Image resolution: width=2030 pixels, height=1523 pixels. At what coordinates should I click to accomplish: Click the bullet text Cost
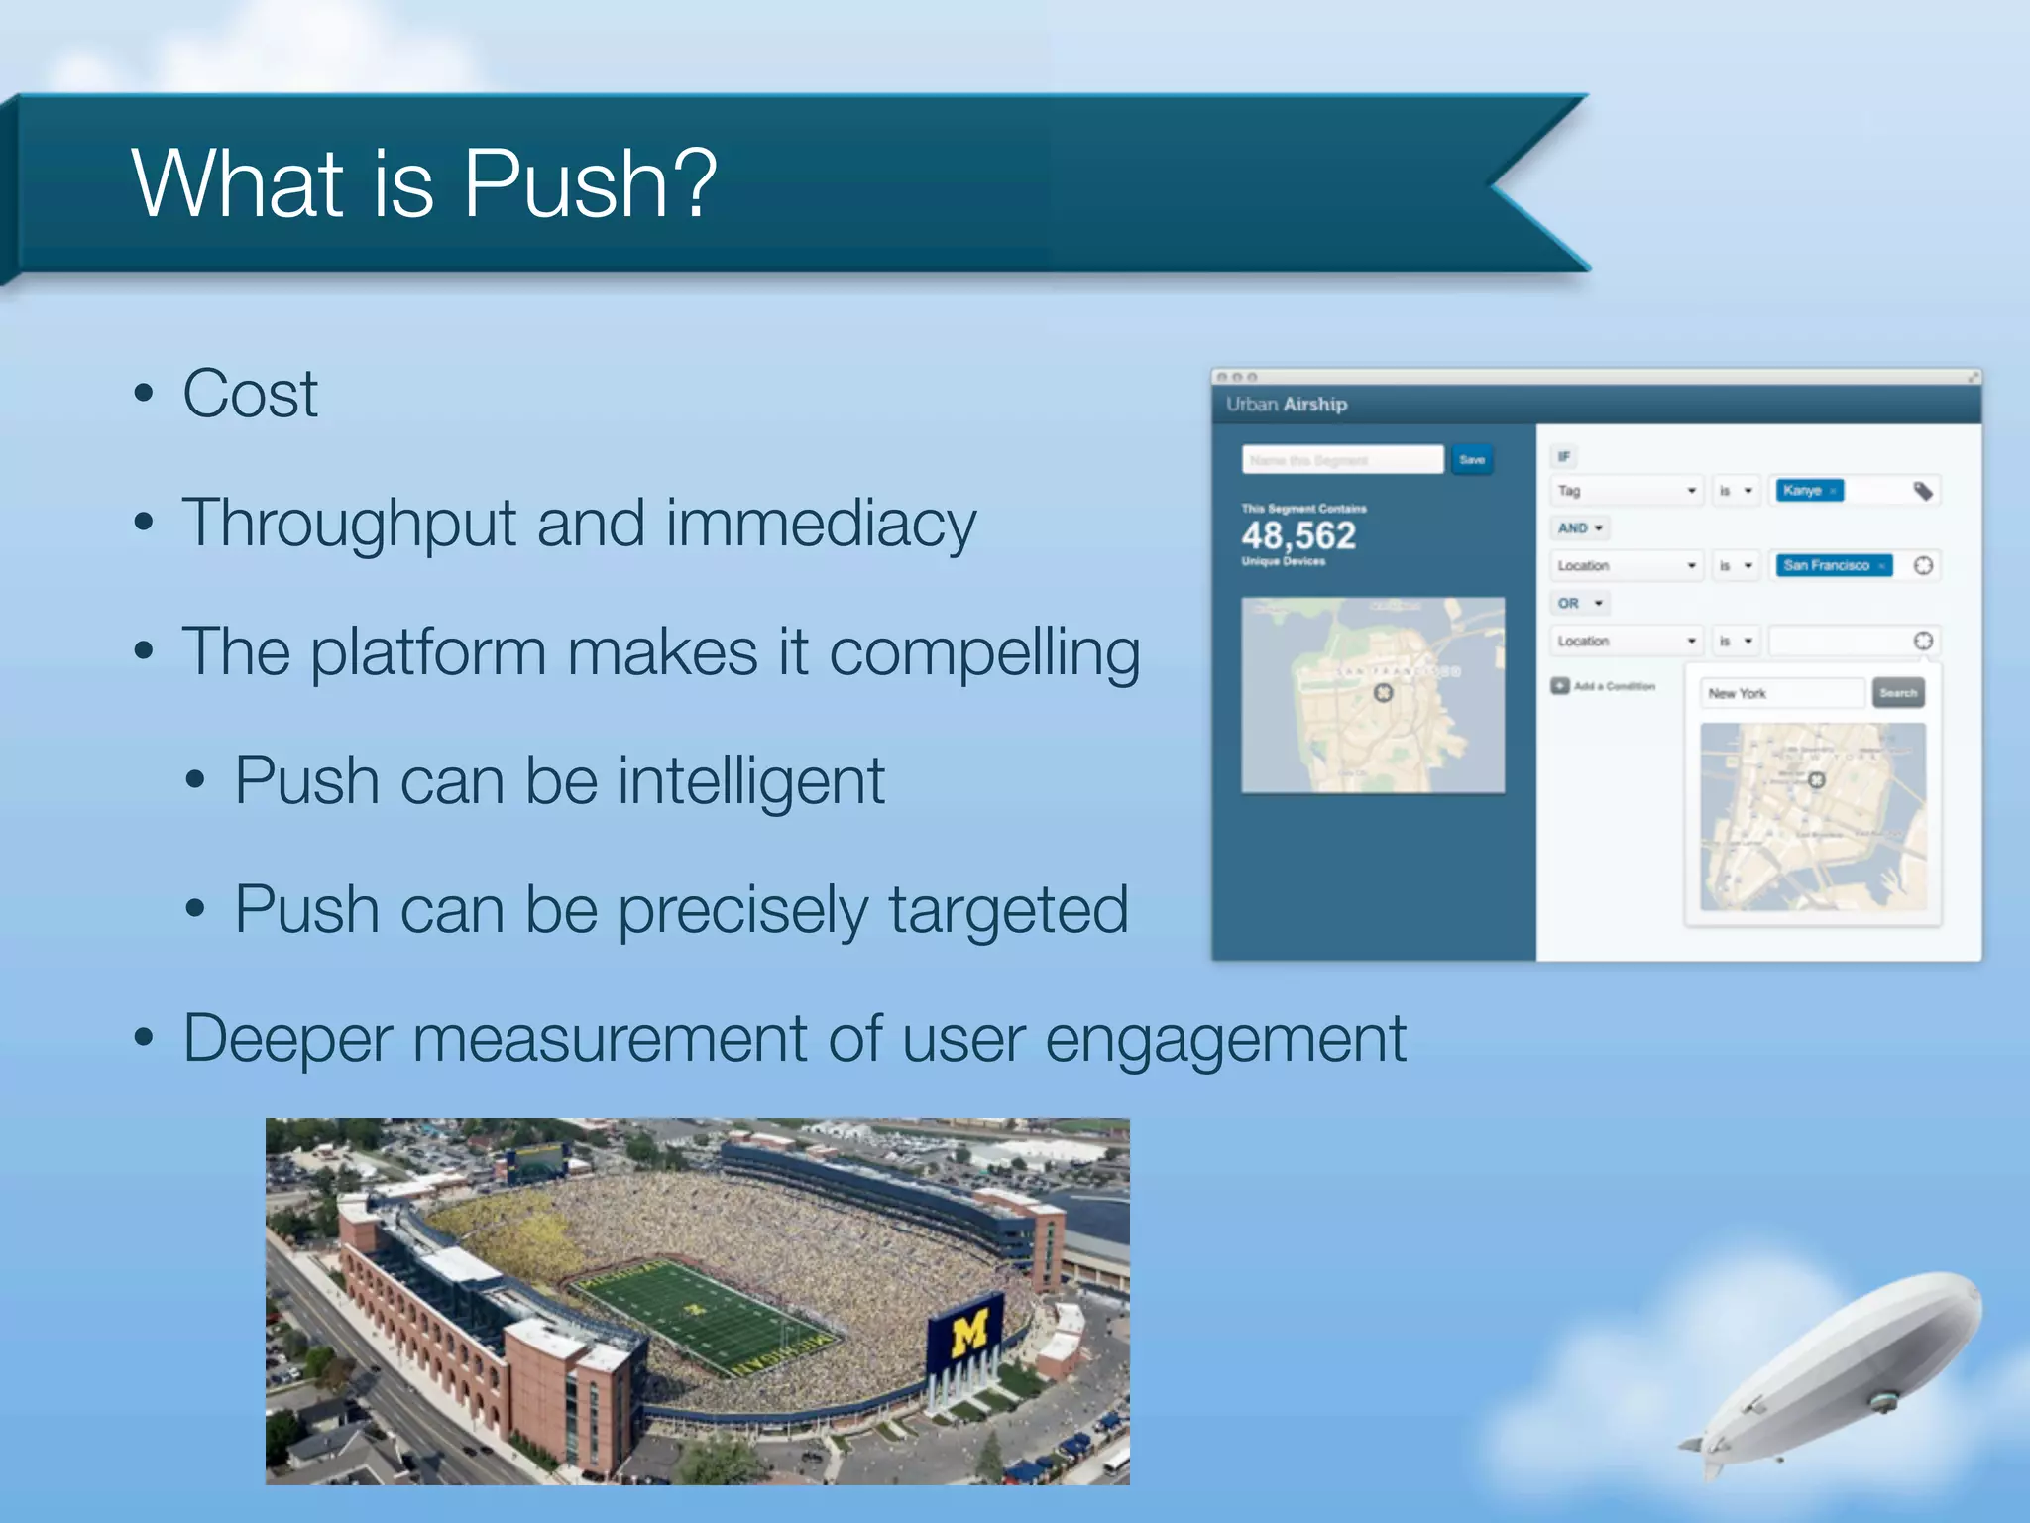pyautogui.click(x=250, y=395)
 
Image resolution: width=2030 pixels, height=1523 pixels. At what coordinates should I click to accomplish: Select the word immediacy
pyautogui.click(x=821, y=525)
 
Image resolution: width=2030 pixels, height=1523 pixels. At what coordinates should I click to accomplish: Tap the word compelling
pyautogui.click(x=983, y=654)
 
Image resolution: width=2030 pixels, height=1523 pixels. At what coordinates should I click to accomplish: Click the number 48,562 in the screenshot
pyautogui.click(x=1298, y=536)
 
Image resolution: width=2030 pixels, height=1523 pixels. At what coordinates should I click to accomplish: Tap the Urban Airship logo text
pyautogui.click(x=1286, y=405)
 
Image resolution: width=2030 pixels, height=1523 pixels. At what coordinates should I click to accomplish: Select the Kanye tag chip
pyautogui.click(x=1808, y=491)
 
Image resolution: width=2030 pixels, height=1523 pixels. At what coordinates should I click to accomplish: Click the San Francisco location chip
pyautogui.click(x=1832, y=566)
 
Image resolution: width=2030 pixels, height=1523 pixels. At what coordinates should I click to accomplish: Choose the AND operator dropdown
pyautogui.click(x=1579, y=528)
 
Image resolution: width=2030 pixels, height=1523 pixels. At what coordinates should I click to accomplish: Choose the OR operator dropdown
pyautogui.click(x=1579, y=604)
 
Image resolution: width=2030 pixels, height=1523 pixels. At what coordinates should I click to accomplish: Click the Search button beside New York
pyautogui.click(x=1897, y=693)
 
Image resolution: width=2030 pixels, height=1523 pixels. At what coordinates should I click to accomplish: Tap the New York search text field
pyautogui.click(x=1781, y=693)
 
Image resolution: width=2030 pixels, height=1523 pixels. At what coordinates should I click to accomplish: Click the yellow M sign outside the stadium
pyautogui.click(x=966, y=1333)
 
